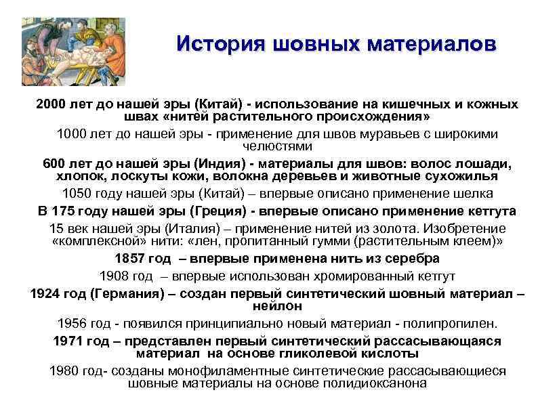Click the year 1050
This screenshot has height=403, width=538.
tap(77, 194)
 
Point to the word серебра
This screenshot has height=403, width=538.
tap(409, 259)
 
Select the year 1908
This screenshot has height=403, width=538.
tap(114, 276)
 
